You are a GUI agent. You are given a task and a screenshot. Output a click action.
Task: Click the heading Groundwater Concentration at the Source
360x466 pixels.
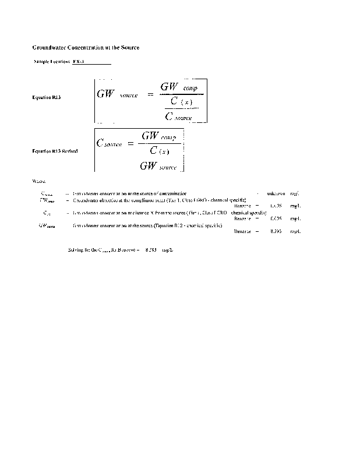pyautogui.click(x=85, y=47)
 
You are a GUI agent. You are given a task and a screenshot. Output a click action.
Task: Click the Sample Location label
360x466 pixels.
pyautogui.click(x=52, y=62)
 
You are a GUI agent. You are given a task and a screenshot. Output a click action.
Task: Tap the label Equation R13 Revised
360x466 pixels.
pyautogui.click(x=55, y=151)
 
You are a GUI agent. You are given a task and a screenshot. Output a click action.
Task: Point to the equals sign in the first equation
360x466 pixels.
pyautogui.click(x=150, y=94)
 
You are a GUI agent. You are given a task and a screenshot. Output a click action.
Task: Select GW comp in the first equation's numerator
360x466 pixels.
pyautogui.click(x=179, y=87)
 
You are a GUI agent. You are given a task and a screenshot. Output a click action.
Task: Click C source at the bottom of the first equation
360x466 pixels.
pyautogui.click(x=179, y=116)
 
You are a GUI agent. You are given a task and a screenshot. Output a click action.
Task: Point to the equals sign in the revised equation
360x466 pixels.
pyautogui.click(x=130, y=143)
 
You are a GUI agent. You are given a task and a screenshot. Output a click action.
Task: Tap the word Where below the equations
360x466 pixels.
pyautogui.click(x=38, y=181)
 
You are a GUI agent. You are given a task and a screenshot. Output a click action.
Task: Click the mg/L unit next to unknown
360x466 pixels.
pyautogui.click(x=295, y=193)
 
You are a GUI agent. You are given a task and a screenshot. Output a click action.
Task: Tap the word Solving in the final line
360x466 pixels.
pyautogui.click(x=76, y=249)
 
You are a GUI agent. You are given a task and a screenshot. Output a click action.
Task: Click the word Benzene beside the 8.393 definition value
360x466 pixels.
pyautogui.click(x=242, y=231)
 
